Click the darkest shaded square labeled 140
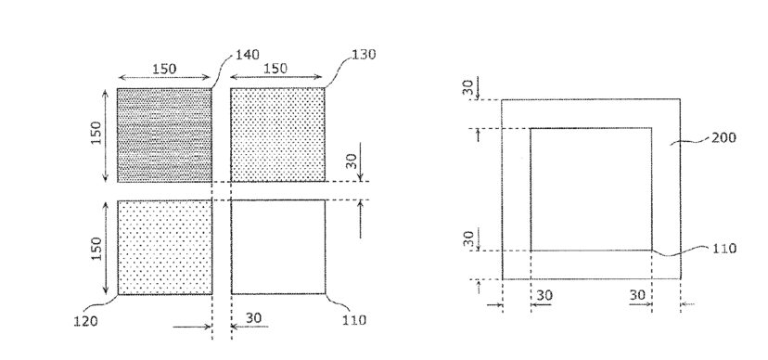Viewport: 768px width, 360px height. pyautogui.click(x=164, y=135)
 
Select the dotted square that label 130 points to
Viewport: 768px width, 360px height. pyautogui.click(x=277, y=135)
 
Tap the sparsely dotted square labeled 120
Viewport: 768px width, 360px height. pyautogui.click(x=165, y=248)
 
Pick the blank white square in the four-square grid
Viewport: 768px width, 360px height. pyautogui.click(x=278, y=247)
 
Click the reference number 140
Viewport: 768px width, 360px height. pyautogui.click(x=248, y=55)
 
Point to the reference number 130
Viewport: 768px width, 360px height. pyautogui.click(x=364, y=55)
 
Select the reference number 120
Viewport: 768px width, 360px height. pyautogui.click(x=85, y=321)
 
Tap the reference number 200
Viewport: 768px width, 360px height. pyautogui.click(x=723, y=137)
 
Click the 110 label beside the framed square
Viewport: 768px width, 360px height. pyautogui.click(x=723, y=249)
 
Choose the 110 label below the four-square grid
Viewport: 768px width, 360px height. pyautogui.click(x=354, y=320)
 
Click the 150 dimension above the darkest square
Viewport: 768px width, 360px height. pyautogui.click(x=163, y=69)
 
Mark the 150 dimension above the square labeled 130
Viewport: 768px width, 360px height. pyautogui.click(x=275, y=69)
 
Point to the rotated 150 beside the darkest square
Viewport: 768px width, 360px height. pyautogui.click(x=96, y=133)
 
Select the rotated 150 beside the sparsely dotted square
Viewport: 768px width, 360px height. pyautogui.click(x=96, y=249)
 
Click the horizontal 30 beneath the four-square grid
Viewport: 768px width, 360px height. pyautogui.click(x=253, y=318)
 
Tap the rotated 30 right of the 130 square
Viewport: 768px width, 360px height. pyautogui.click(x=352, y=161)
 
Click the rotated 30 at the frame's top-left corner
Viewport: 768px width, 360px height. pyautogui.click(x=468, y=87)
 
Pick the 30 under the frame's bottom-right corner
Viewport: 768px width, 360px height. pyautogui.click(x=637, y=295)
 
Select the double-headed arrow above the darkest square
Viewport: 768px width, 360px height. pyautogui.click(x=164, y=77)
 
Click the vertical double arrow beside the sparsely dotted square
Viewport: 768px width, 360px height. pyautogui.click(x=106, y=248)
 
